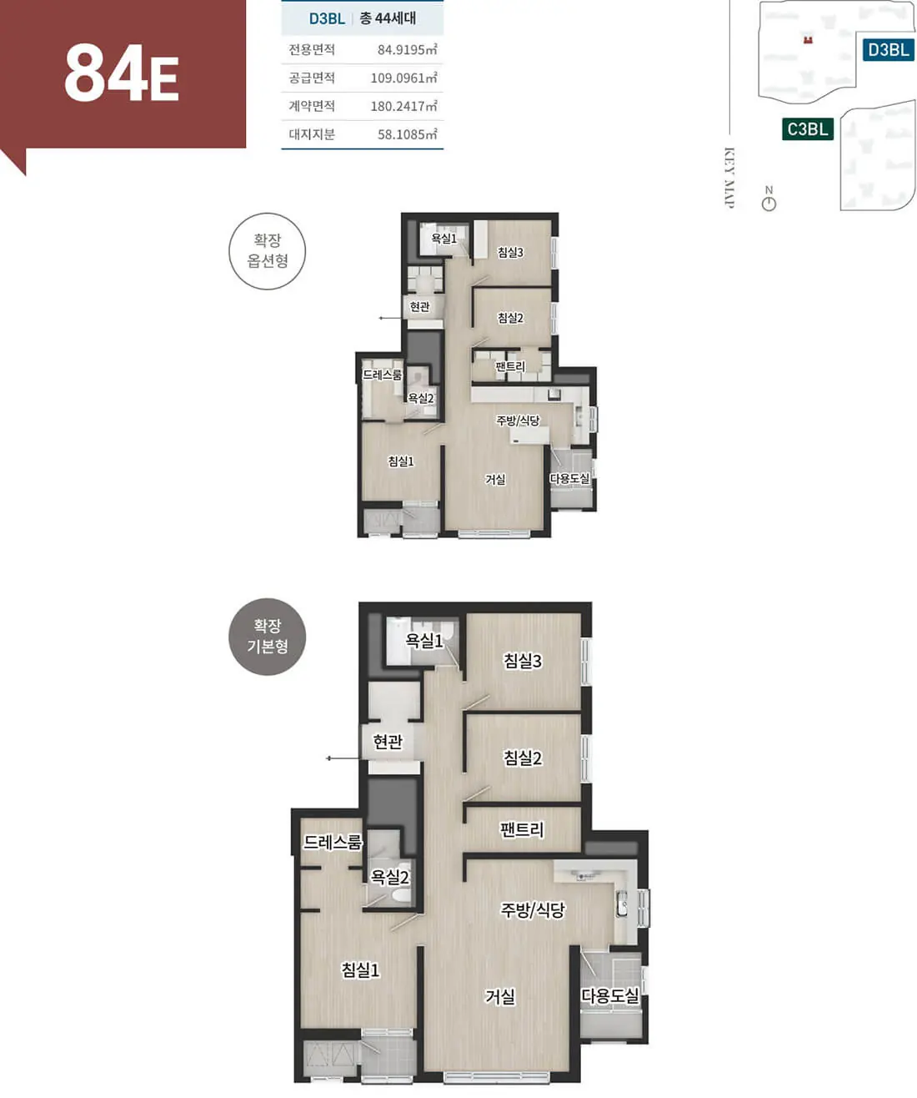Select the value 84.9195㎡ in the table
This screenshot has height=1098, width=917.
[408, 49]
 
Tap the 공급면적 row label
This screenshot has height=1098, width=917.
[312, 78]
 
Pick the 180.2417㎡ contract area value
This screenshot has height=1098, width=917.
[403, 106]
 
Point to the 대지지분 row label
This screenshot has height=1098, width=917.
[312, 134]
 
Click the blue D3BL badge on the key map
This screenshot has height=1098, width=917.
[889, 50]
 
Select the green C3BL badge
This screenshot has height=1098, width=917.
[808, 128]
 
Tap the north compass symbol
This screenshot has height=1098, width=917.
[769, 204]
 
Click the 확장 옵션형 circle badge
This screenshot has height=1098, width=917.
[267, 251]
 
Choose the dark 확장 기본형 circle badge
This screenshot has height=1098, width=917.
[267, 637]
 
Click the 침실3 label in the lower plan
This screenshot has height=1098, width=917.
[523, 661]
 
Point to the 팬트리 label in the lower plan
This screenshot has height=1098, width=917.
[521, 829]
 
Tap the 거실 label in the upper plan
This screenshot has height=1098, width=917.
[495, 479]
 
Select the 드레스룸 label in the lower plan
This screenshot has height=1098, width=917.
[333, 842]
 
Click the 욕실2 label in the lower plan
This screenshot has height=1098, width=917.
[390, 877]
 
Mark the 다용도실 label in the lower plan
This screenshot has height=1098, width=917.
[610, 995]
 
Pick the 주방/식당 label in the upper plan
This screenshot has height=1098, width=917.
[519, 421]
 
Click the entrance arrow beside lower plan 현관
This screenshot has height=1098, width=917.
[343, 758]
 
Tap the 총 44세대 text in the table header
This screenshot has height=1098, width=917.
[388, 18]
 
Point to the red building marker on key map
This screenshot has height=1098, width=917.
[809, 39]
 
